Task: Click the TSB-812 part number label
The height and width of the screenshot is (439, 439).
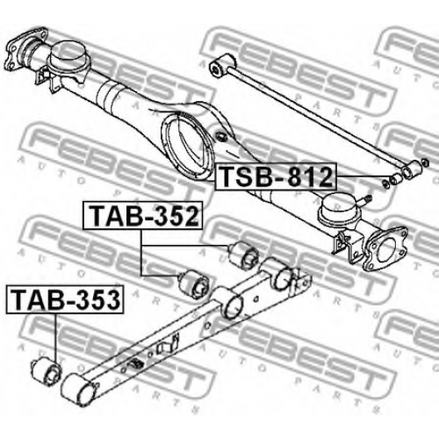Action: click(276, 176)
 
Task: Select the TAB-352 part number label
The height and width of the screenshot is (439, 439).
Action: click(142, 215)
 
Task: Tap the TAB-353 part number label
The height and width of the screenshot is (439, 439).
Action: click(65, 299)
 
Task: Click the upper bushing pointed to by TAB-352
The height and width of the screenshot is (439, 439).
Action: click(243, 253)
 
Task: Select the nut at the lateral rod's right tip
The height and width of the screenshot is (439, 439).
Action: click(425, 162)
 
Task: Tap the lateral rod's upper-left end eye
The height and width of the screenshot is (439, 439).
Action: click(222, 65)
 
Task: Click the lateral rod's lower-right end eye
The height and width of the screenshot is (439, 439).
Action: click(411, 169)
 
